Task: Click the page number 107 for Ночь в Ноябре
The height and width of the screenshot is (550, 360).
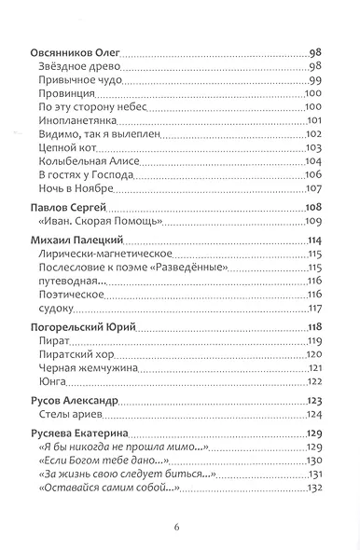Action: (313, 188)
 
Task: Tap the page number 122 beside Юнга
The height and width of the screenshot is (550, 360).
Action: (313, 381)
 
